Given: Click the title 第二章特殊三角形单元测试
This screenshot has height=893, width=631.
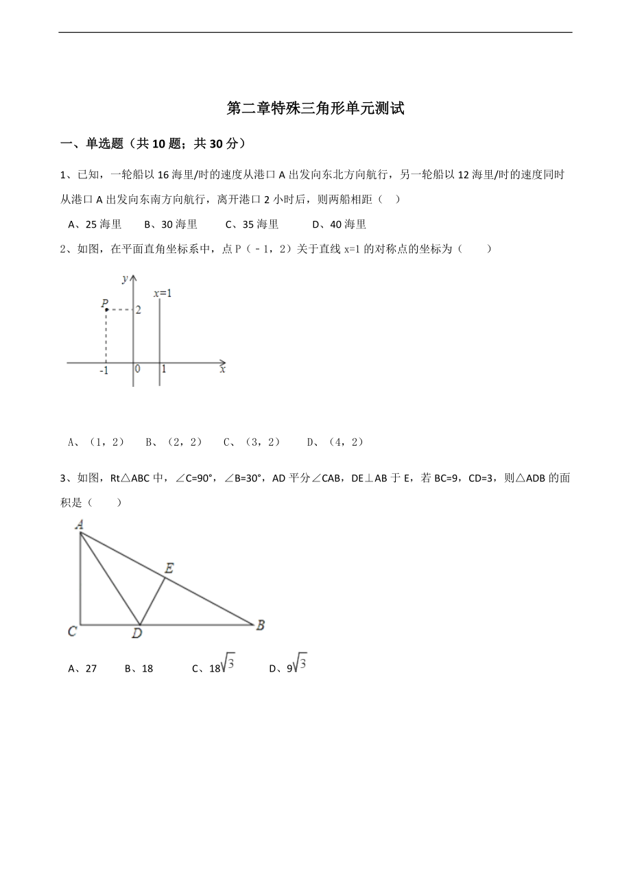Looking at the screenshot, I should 315,108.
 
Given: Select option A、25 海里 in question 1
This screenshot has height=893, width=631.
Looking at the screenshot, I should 95,224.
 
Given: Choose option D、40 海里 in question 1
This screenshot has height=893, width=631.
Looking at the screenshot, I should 339,224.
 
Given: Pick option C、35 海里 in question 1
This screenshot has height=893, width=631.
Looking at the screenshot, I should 252,224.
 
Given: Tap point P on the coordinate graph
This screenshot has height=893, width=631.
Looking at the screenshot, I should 106,309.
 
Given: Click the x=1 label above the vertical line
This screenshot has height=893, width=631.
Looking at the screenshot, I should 163,294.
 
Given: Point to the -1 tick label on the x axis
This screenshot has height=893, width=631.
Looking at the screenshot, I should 104,370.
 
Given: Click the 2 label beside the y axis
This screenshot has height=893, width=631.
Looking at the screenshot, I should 138,311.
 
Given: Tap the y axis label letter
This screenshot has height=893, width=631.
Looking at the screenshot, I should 125,278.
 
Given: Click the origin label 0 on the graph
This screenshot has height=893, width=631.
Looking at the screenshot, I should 138,369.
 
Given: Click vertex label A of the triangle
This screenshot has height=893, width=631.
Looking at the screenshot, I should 80,525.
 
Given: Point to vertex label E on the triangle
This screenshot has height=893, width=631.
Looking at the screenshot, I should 169,568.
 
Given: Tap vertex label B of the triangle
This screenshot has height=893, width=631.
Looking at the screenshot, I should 261,626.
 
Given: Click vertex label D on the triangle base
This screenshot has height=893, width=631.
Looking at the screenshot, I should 137,634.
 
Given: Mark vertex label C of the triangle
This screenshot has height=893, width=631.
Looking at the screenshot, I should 72,631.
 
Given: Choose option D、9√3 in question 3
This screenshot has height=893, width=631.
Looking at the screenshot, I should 288,667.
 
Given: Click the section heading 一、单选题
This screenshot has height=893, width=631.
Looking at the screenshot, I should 92,144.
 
